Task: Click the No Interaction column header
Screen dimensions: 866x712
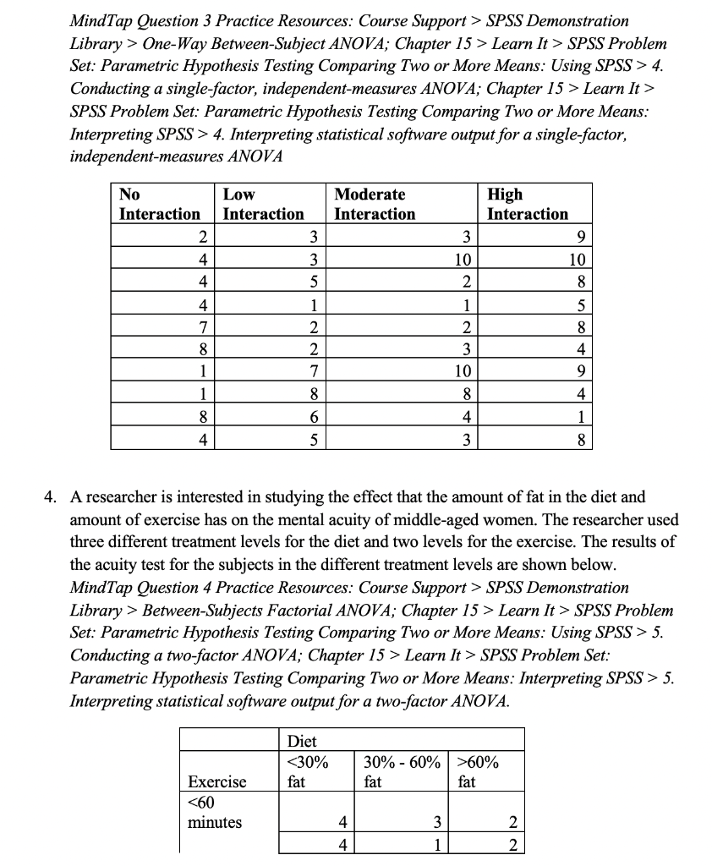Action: tap(160, 205)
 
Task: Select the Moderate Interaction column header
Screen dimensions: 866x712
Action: tap(375, 205)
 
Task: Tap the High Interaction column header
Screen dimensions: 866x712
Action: tap(528, 205)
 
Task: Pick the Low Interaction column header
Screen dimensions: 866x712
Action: tap(263, 205)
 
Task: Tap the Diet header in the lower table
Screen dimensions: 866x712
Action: tap(302, 742)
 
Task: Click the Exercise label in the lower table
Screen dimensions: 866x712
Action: tap(216, 782)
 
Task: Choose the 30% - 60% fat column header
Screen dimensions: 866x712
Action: tap(401, 772)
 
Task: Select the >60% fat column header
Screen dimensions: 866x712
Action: tap(478, 772)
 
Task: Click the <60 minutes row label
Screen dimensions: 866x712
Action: tap(214, 812)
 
